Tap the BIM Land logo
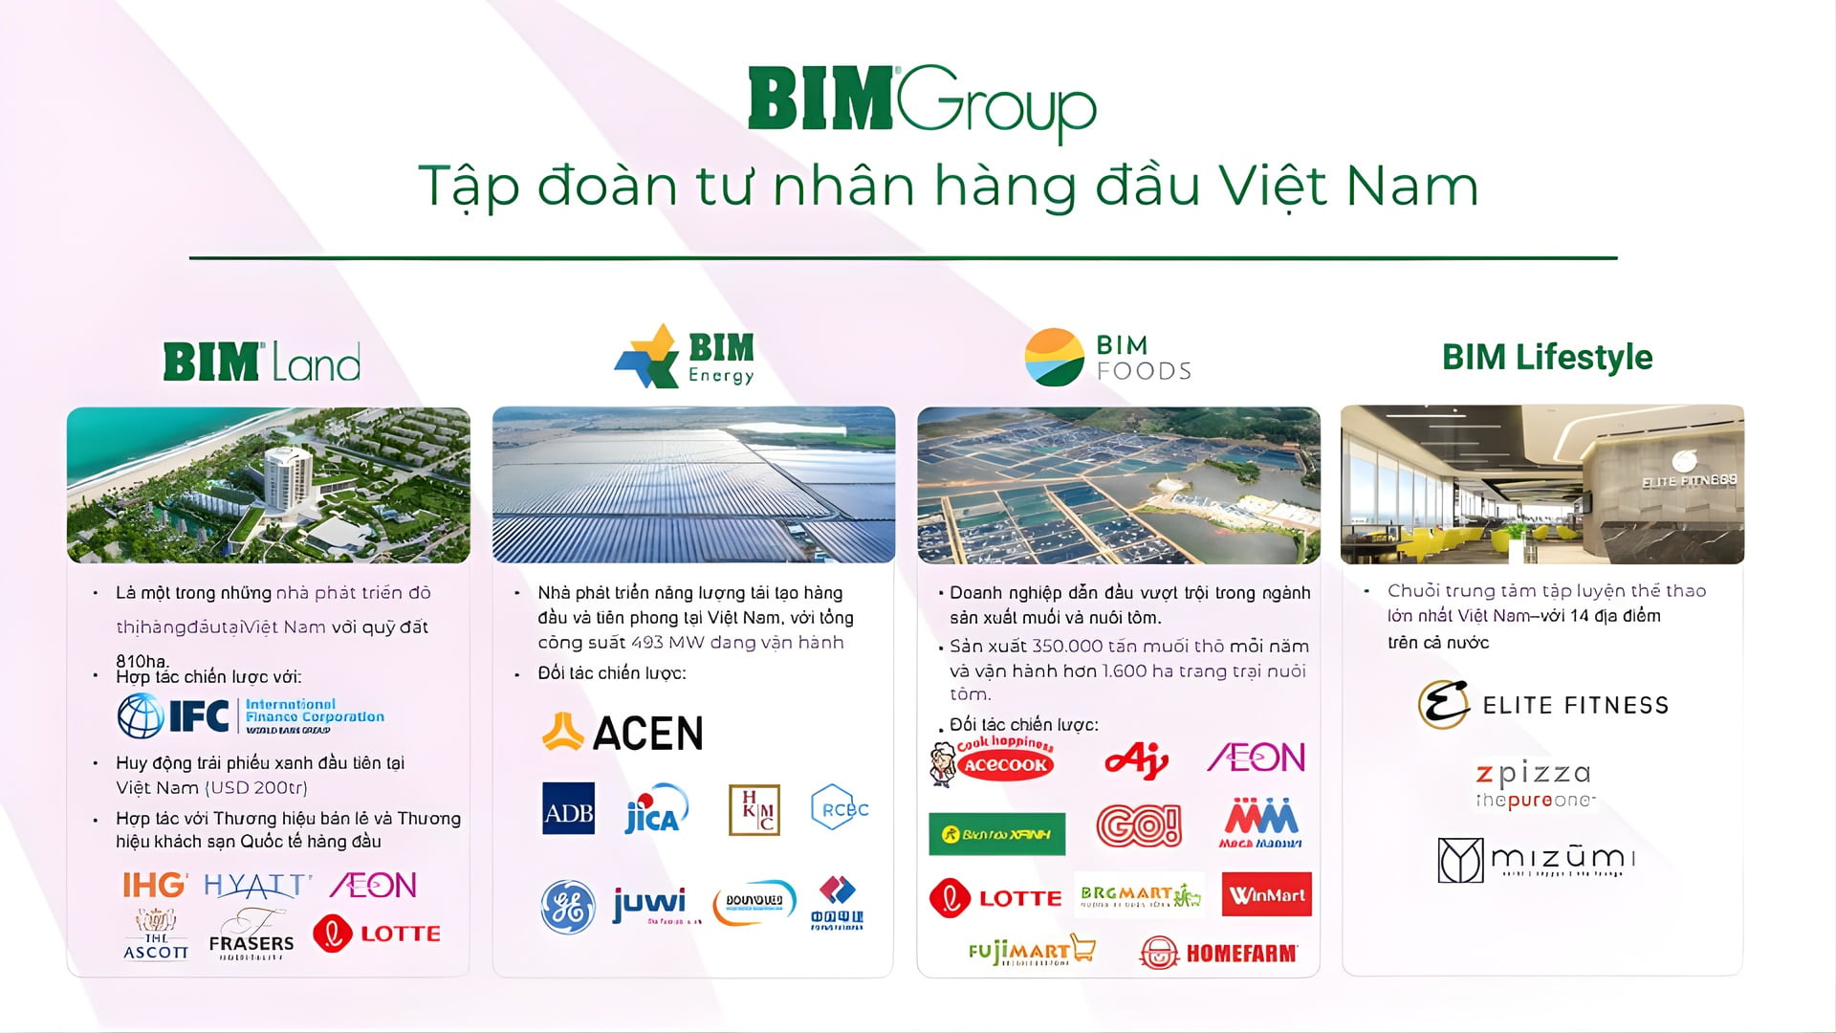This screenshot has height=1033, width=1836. pyautogui.click(x=262, y=362)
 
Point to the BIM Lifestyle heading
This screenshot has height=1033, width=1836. pyautogui.click(x=1546, y=357)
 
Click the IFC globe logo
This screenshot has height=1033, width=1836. pyautogui.click(x=141, y=715)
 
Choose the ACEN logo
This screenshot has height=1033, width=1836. pyautogui.click(x=623, y=733)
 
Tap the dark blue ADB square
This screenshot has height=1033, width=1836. pyautogui.click(x=568, y=809)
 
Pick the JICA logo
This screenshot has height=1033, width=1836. pyautogui.click(x=655, y=811)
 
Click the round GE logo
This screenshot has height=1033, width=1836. pyautogui.click(x=568, y=906)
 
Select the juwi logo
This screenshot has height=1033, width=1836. pyautogui.click(x=650, y=904)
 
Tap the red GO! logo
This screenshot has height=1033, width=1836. pyautogui.click(x=1138, y=825)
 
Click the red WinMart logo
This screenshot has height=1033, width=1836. pyautogui.click(x=1266, y=895)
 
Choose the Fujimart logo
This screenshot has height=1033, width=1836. pyautogui.click(x=1031, y=951)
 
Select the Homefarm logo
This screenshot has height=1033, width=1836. pyautogui.click(x=1218, y=953)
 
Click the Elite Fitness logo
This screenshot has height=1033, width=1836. pyautogui.click(x=1542, y=705)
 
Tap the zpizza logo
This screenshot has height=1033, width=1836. pyautogui.click(x=1533, y=784)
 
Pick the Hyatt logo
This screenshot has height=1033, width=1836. pyautogui.click(x=257, y=886)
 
